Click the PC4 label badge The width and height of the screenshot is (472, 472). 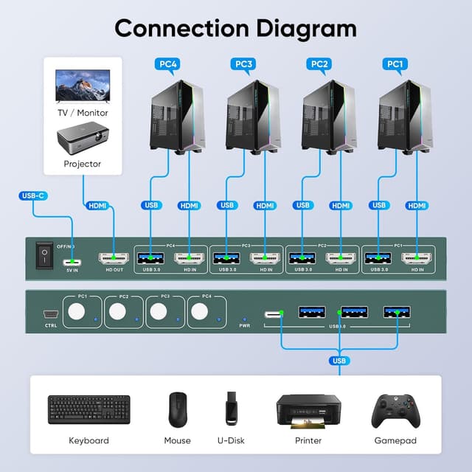168,64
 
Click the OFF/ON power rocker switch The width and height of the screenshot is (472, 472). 44,256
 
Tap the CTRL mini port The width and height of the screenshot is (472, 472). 51,313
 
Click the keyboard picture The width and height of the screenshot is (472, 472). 89,409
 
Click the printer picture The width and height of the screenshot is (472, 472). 308,409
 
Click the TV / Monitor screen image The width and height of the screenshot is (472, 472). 83,85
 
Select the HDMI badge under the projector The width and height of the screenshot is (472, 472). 97,206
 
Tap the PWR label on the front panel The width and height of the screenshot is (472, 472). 246,324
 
